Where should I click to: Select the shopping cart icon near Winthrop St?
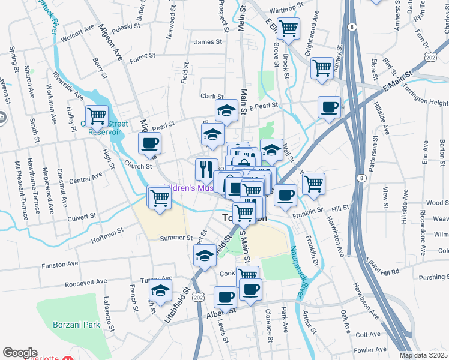288,28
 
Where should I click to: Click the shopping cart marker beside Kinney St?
322,67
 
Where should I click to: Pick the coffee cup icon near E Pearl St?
329,107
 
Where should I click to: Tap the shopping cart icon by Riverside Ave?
96,115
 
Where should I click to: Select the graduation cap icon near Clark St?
227,110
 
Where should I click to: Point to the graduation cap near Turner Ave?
160,292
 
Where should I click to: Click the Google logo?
20,353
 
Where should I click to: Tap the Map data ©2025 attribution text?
424,355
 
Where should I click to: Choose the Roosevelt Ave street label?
85,283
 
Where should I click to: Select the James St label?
208,42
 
